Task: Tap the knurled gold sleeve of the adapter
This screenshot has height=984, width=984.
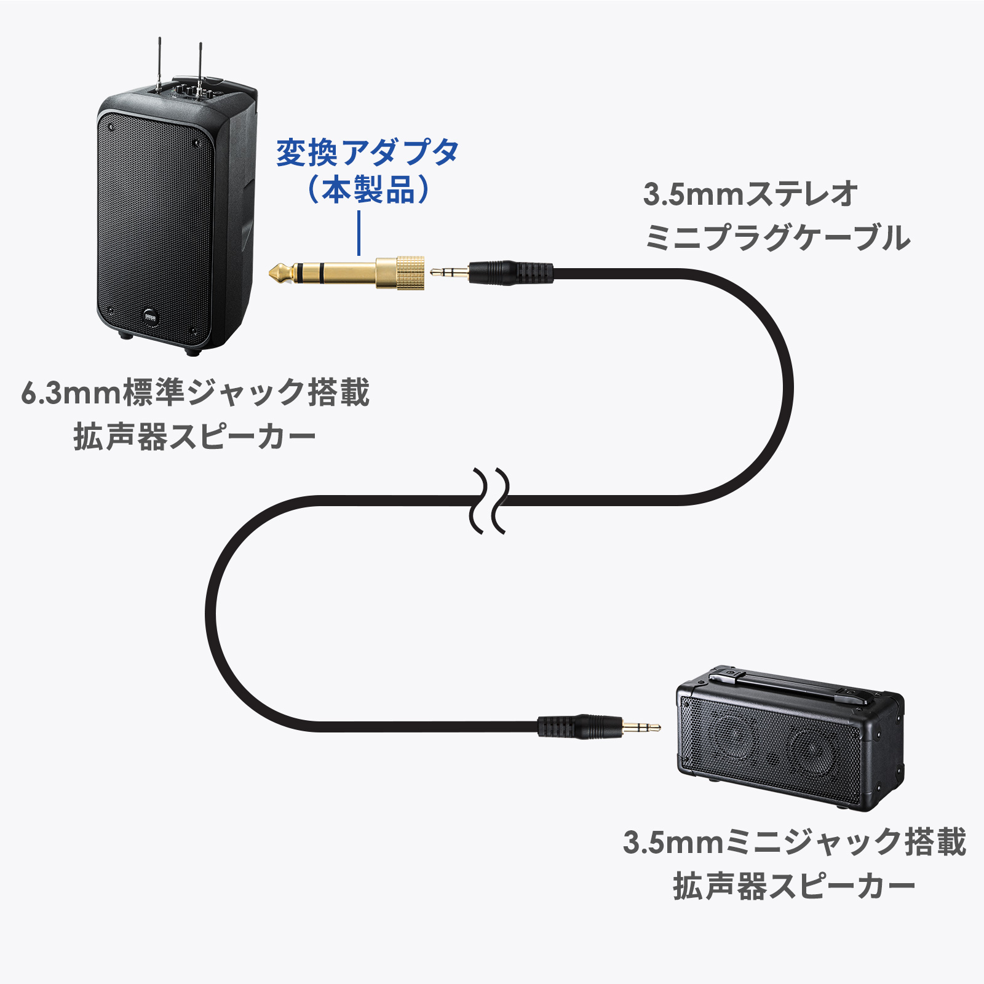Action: [409, 272]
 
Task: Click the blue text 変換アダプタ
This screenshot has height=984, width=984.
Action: [367, 153]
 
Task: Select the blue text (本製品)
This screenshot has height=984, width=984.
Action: [367, 189]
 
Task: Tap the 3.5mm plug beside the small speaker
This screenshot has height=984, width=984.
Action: [640, 727]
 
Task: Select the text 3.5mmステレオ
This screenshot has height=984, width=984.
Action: [750, 194]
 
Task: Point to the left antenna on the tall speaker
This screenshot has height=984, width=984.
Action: [159, 65]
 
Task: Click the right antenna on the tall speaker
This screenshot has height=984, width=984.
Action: [200, 68]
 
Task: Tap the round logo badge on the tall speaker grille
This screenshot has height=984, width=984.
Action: [152, 315]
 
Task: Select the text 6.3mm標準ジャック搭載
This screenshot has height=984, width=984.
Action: [195, 392]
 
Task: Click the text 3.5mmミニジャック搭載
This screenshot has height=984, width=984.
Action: [794, 842]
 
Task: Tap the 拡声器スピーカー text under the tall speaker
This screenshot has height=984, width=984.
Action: [195, 437]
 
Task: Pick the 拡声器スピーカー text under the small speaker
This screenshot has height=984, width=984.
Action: [794, 886]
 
